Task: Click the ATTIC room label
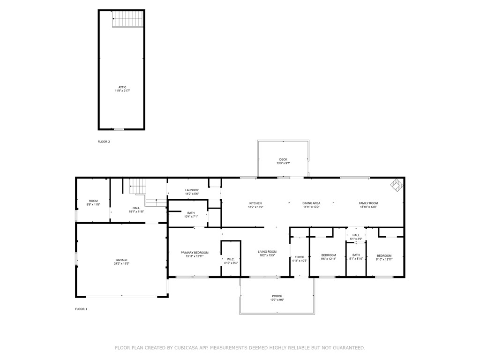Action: pos(122,87)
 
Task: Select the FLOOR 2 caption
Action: pos(104,142)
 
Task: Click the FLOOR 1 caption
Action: pos(81,309)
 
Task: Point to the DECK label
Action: pos(283,160)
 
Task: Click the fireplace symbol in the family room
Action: pos(396,185)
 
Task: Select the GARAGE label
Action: pos(121,260)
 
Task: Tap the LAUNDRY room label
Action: pos(192,190)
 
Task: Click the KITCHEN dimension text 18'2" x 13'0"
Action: pos(255,207)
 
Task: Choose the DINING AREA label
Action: pos(311,203)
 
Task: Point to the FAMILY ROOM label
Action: pos(368,203)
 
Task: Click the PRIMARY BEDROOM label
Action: pos(195,253)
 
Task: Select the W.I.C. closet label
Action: pos(231,259)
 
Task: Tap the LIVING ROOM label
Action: pos(267,252)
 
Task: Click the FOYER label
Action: pos(300,257)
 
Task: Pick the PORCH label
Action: pos(277,296)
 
